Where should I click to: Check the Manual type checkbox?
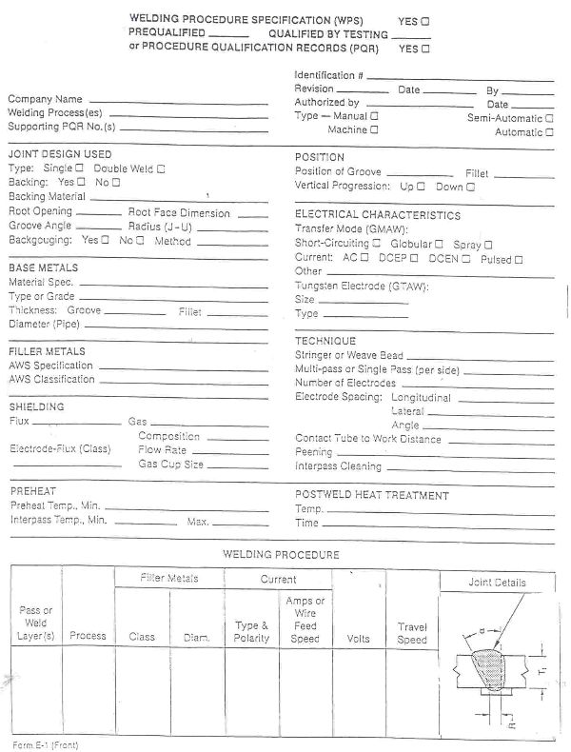tap(374, 115)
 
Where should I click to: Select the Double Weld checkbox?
tap(160, 168)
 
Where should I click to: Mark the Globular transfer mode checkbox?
tap(439, 245)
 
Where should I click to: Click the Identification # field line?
tap(457, 75)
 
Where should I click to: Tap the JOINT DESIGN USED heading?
tap(59, 153)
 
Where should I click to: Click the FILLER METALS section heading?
tap(47, 351)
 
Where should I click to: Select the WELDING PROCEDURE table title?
tap(281, 553)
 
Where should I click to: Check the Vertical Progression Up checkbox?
tap(420, 187)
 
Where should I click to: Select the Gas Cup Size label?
tap(170, 464)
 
